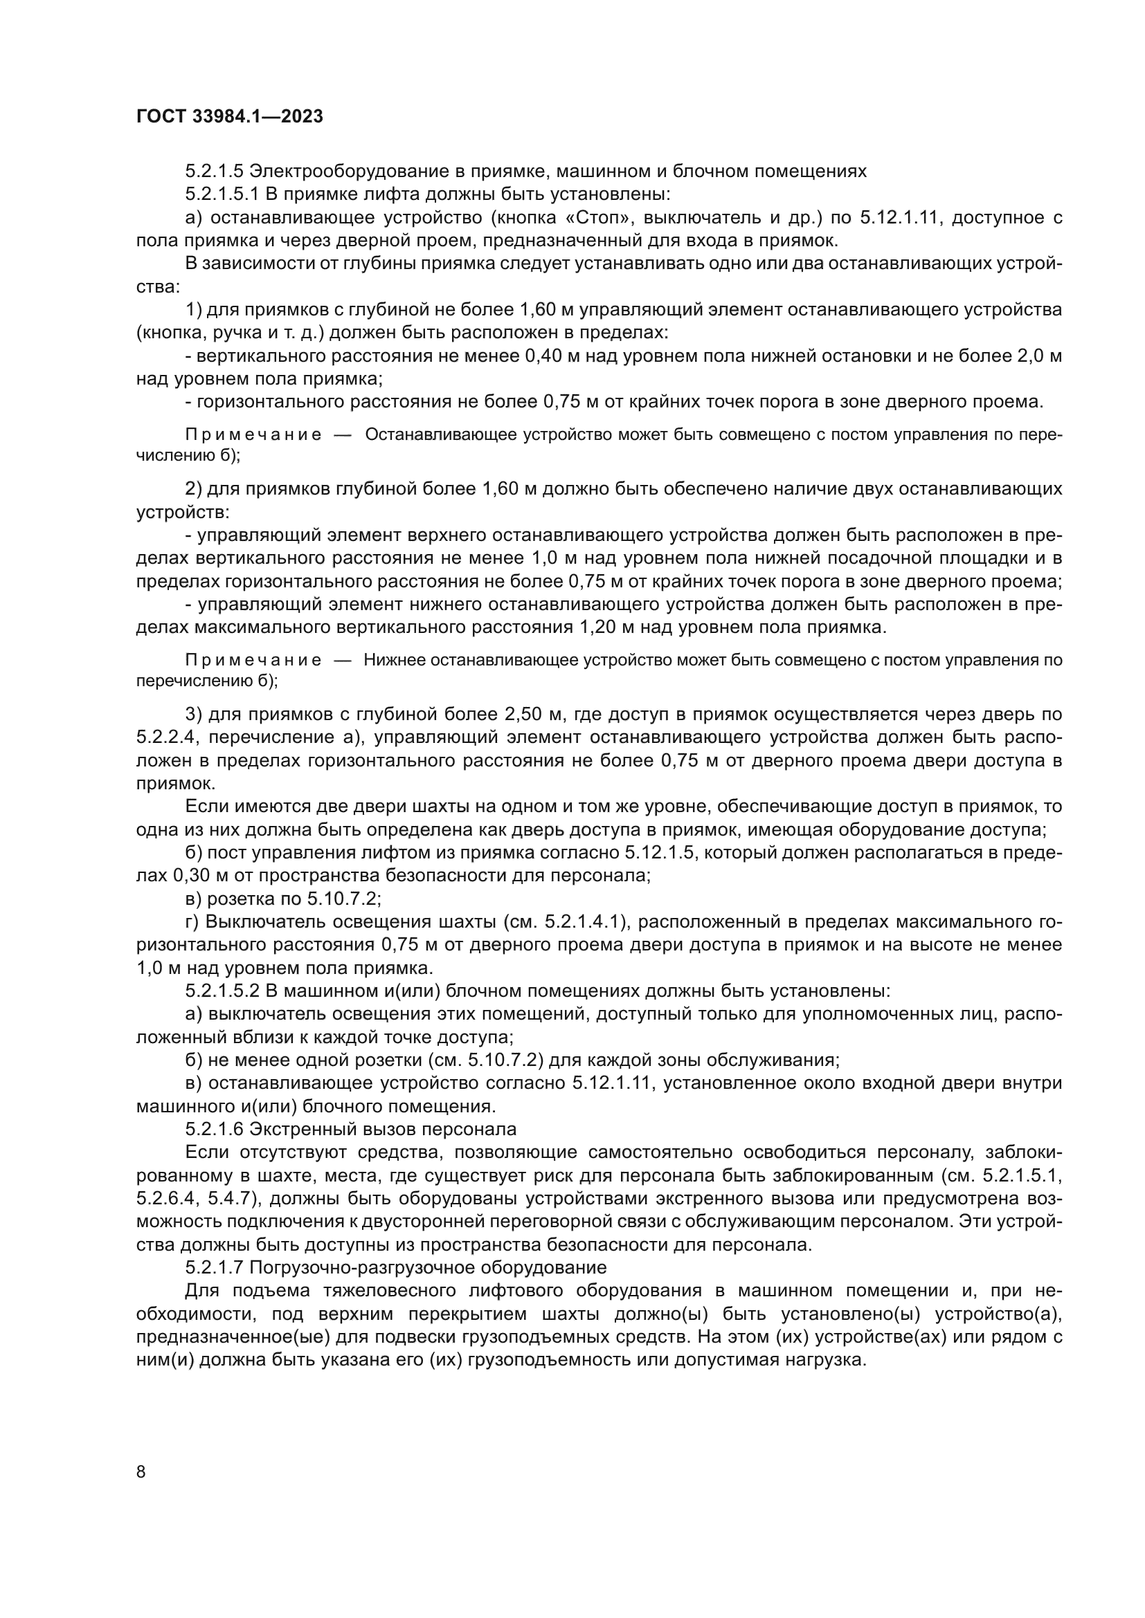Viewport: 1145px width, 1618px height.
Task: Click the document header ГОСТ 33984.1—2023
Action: pyautogui.click(x=229, y=116)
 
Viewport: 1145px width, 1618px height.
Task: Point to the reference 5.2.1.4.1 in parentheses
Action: pyautogui.click(x=586, y=923)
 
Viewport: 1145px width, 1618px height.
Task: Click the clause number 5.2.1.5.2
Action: pyautogui.click(x=223, y=991)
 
